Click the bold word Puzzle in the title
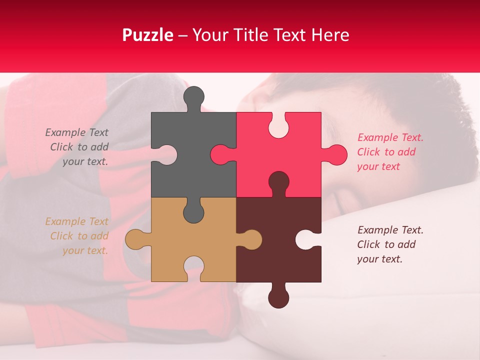[x=148, y=35]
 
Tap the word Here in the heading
[x=330, y=35]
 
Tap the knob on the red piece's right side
[x=336, y=154]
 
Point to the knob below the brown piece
[x=278, y=298]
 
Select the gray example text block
[x=78, y=147]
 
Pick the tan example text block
[x=78, y=236]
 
